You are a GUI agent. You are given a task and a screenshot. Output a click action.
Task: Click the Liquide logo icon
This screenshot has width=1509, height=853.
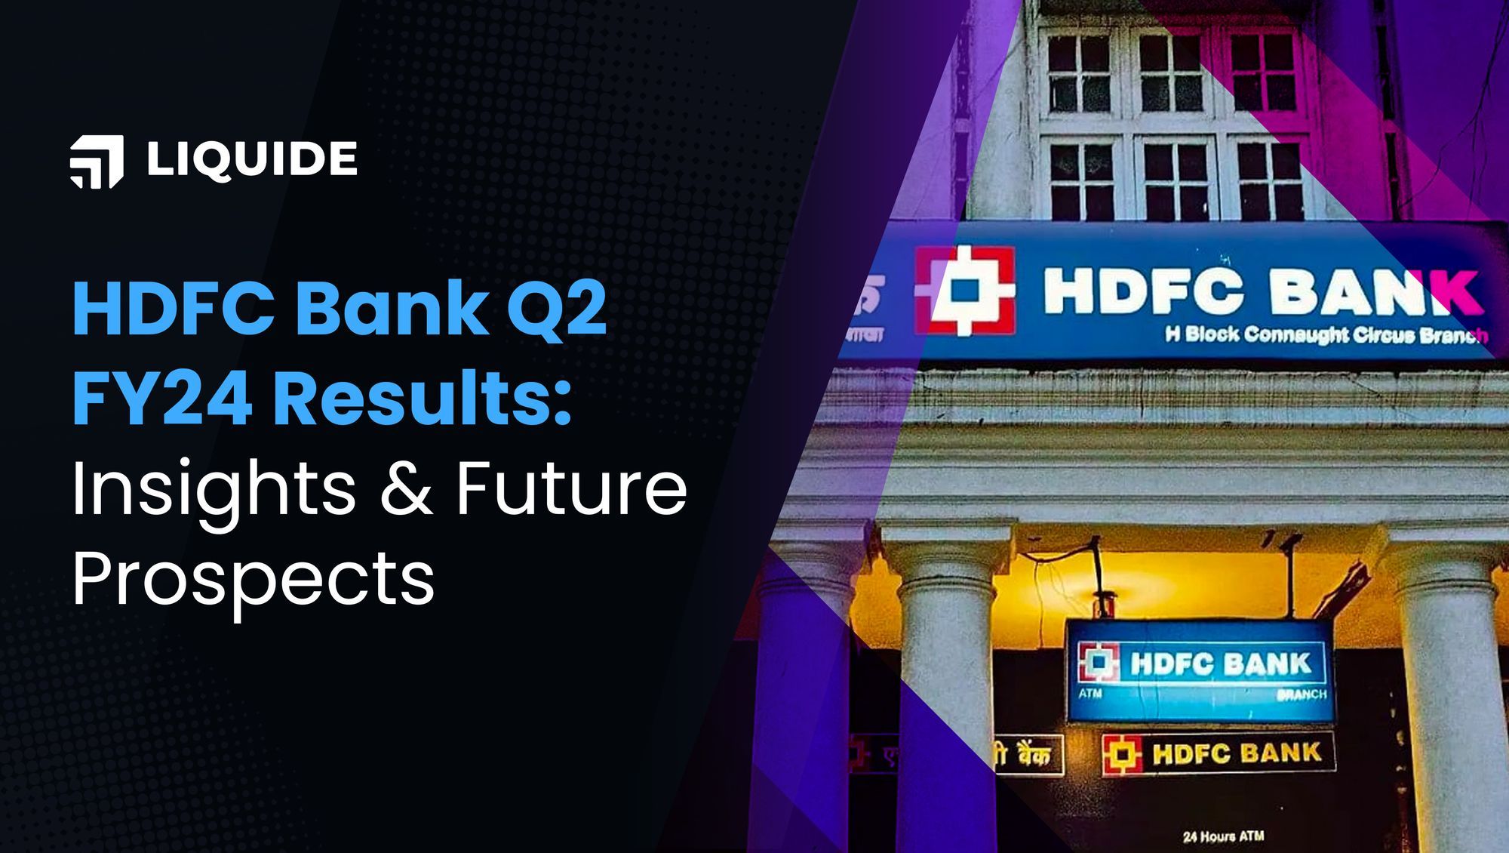tap(97, 161)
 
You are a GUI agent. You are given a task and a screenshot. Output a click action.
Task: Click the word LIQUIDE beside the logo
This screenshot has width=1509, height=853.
tap(252, 159)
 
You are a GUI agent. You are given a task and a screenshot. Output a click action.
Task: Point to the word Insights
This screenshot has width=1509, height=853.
tap(214, 490)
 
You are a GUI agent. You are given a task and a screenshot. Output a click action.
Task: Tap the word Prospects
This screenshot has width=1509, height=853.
tap(254, 580)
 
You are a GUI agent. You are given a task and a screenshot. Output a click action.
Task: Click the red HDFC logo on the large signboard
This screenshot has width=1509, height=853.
tap(964, 290)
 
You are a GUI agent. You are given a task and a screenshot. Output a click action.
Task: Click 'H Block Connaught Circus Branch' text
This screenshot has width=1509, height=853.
tap(1326, 334)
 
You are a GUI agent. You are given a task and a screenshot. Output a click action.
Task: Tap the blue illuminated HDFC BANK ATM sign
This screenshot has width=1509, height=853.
tap(1199, 670)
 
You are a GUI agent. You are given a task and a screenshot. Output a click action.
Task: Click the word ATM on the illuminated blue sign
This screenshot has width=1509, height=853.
tap(1090, 693)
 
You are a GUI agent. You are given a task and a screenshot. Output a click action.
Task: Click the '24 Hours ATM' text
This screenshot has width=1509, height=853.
tap(1223, 836)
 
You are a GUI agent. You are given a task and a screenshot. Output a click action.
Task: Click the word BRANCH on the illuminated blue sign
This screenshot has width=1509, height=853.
tap(1302, 694)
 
